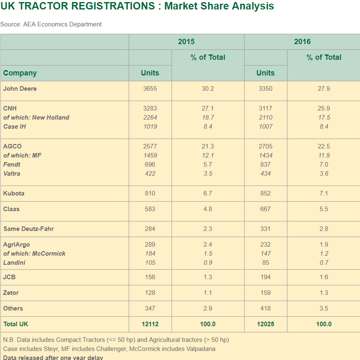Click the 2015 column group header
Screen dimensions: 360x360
186,42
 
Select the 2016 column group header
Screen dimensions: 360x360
302,42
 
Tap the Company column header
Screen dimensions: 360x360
20,73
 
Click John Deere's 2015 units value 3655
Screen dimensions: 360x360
150,89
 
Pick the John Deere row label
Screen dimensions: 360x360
20,89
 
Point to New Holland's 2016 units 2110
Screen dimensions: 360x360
266,118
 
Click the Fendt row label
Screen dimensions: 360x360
12,165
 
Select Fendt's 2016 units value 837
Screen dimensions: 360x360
266,165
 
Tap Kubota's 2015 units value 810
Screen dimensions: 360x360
150,193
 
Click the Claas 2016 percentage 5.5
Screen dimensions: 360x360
324,209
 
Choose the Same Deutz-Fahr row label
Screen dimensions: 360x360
28,229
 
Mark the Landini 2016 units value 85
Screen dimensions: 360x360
266,263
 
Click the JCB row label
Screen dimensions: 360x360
9,277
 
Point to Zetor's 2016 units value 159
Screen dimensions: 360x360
266,293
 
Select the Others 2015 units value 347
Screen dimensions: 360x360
150,308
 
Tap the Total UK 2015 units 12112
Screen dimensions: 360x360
150,324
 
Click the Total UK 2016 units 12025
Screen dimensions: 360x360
266,324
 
